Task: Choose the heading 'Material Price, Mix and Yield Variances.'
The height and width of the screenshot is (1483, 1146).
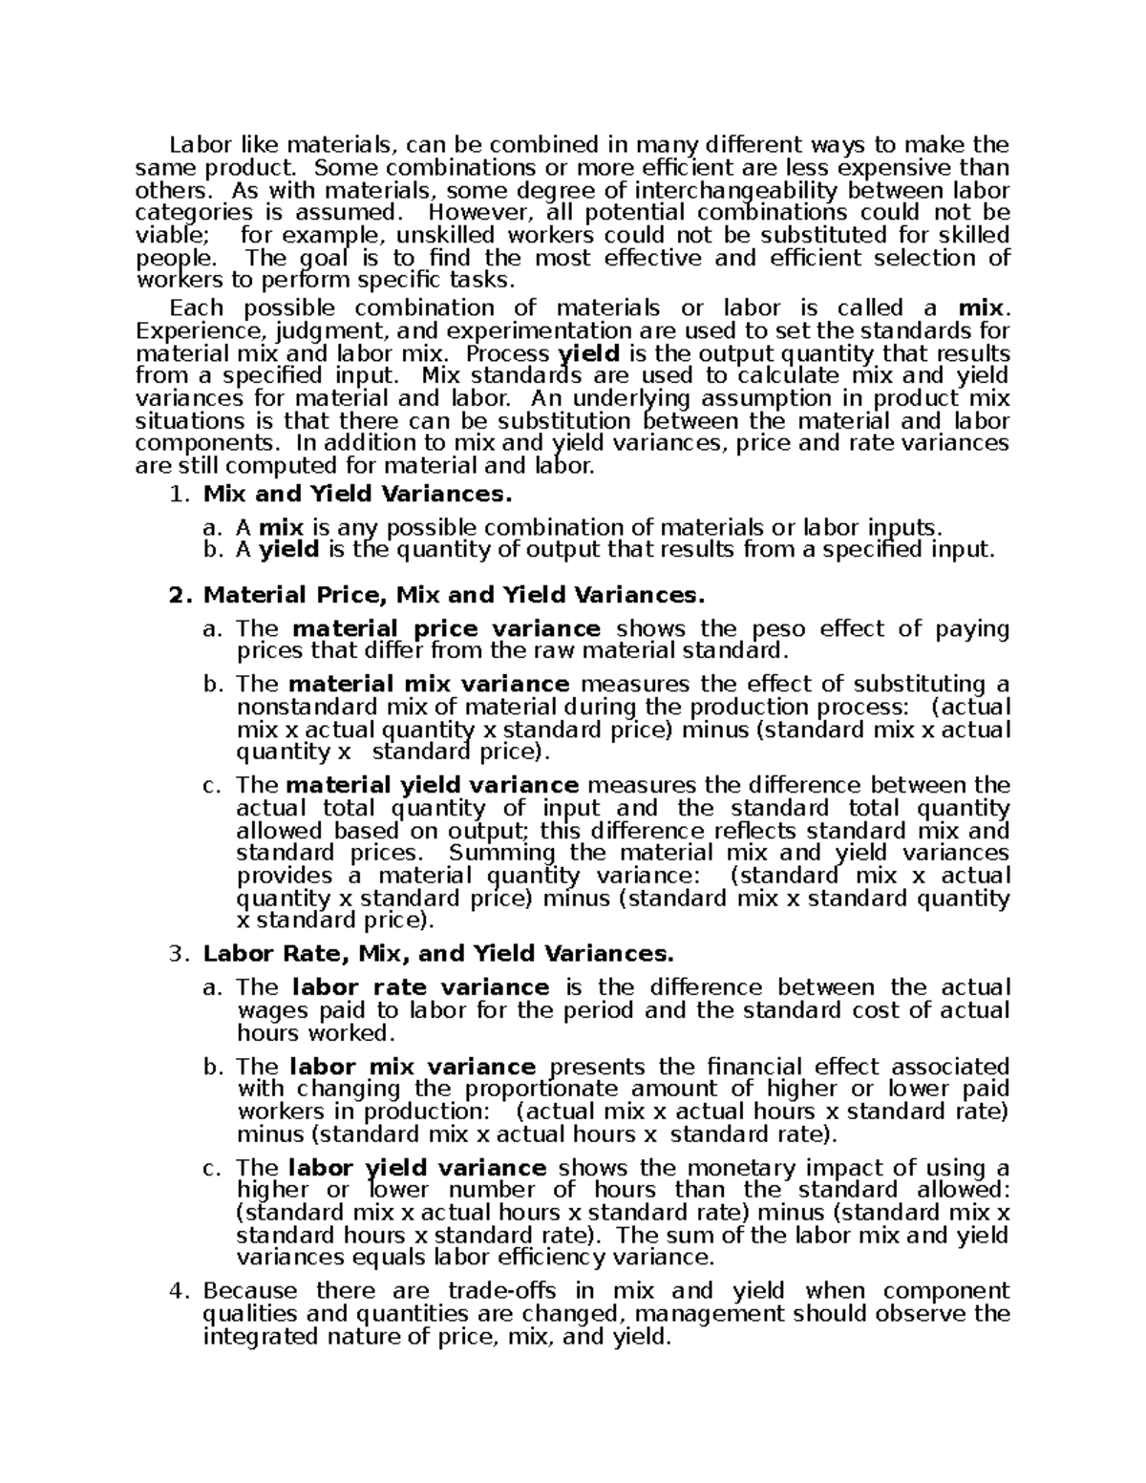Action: click(x=454, y=596)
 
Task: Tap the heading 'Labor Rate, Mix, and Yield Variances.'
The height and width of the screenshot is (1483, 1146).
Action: click(x=438, y=954)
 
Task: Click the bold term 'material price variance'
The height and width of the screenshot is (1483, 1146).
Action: click(x=446, y=629)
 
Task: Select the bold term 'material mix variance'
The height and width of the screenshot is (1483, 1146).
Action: click(x=429, y=685)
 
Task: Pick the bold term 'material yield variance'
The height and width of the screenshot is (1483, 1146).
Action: click(x=433, y=786)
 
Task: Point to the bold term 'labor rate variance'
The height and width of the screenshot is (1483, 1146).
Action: click(x=420, y=987)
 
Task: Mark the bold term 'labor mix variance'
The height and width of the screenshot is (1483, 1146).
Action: click(x=413, y=1067)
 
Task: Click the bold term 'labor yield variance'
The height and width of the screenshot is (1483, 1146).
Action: click(x=417, y=1168)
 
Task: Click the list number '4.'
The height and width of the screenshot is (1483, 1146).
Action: click(x=179, y=1292)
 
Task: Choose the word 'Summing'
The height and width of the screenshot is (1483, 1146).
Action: click(x=502, y=853)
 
